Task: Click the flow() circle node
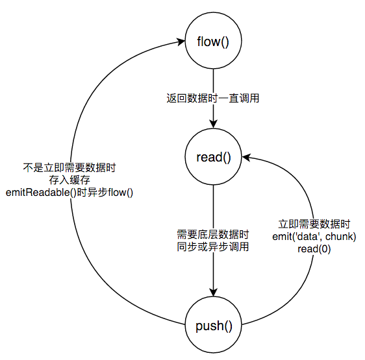(x=214, y=42)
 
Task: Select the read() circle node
(x=214, y=157)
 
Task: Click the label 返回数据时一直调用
(x=213, y=99)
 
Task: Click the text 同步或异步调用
(x=213, y=246)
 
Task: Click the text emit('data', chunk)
(x=314, y=236)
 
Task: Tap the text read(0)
(x=314, y=248)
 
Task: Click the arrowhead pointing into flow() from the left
(x=181, y=42)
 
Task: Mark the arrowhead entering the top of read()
(x=214, y=125)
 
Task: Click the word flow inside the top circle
(x=208, y=42)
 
